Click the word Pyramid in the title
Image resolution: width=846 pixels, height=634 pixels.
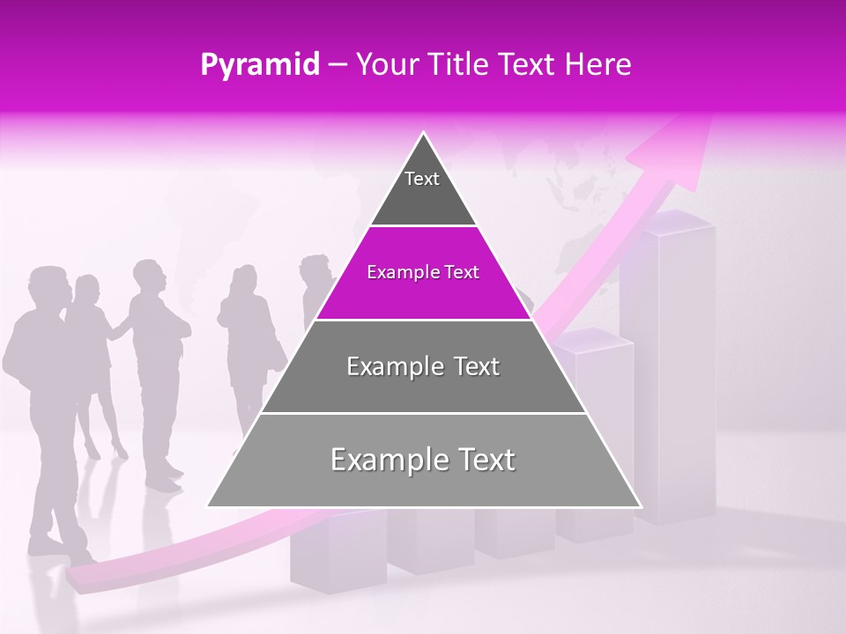pyautogui.click(x=259, y=65)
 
